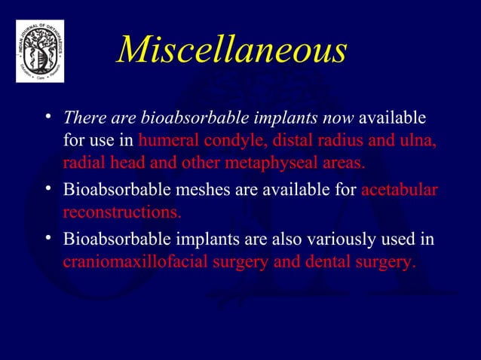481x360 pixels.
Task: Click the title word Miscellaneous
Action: coord(232,50)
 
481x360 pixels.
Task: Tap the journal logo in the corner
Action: coord(40,50)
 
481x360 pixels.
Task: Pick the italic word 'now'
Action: coord(339,119)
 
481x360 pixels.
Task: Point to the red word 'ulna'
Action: coord(419,141)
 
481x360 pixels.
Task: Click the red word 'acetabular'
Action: coord(399,189)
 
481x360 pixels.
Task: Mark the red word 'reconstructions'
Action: coord(121,211)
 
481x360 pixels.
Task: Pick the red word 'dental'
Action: coord(329,263)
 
